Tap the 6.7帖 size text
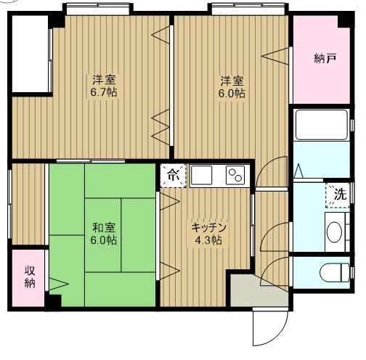[104, 92]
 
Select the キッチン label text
[208, 227]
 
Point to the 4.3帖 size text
[208, 240]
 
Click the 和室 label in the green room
[104, 227]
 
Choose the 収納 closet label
[30, 277]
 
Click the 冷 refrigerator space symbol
[174, 176]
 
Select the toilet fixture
[335, 272]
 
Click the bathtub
[322, 125]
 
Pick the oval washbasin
[334, 232]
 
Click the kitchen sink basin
[201, 175]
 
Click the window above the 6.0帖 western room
[248, 9]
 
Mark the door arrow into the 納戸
[275, 56]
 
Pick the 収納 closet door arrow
[59, 284]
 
